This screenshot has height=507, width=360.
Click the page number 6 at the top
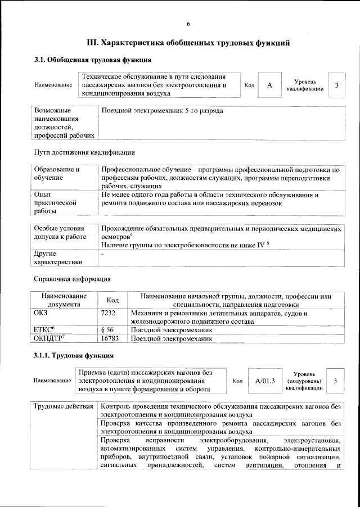click(188, 24)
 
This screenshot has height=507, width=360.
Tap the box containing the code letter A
click(269, 85)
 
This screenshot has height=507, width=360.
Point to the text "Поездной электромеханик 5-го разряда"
click(162, 111)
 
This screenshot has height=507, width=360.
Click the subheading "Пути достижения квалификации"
click(84, 152)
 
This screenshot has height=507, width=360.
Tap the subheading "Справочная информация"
click(72, 279)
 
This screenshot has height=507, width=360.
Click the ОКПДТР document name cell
click(48, 339)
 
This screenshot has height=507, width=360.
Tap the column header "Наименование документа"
click(63, 300)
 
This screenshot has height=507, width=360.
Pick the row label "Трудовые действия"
click(62, 406)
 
